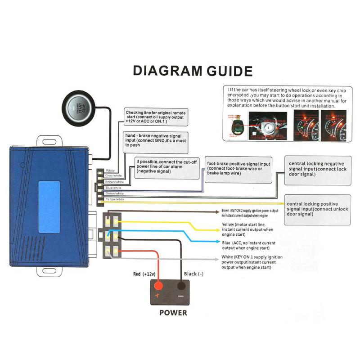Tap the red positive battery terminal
(x=158, y=286)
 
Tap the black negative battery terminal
(x=182, y=286)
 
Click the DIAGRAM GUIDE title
(x=193, y=71)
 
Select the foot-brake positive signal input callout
(x=238, y=170)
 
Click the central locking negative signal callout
(x=317, y=170)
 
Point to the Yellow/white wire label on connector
(x=114, y=199)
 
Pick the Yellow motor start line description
(x=247, y=229)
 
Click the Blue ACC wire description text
(x=247, y=245)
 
